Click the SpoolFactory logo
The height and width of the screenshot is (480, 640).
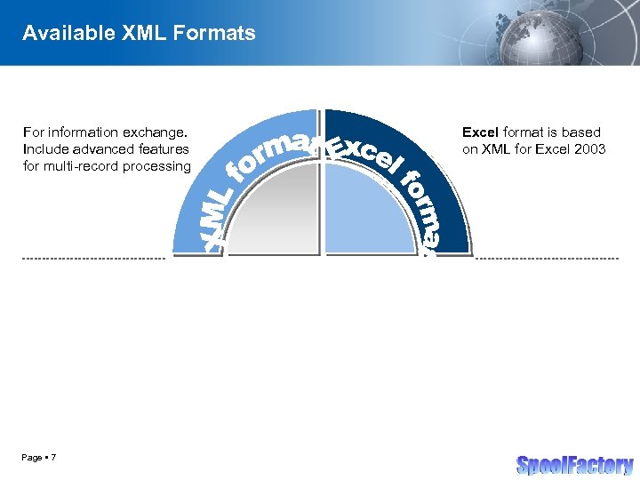574,464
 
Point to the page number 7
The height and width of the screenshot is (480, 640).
54,457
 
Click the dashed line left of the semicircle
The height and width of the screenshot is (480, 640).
93,259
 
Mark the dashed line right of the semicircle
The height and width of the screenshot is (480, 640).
547,259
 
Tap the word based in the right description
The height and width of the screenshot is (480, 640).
583,132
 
